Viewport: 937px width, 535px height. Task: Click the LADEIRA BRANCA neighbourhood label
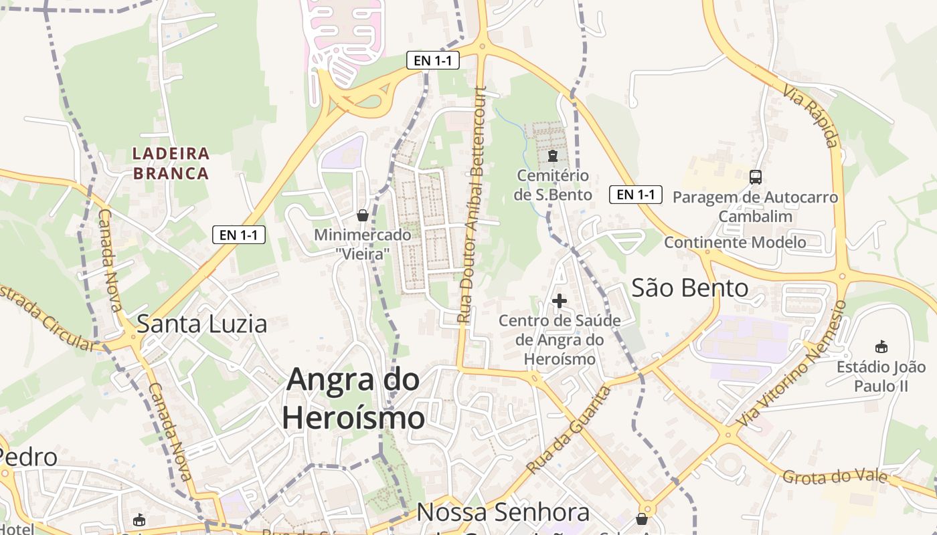pos(171,163)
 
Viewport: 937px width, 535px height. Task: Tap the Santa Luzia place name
pos(201,324)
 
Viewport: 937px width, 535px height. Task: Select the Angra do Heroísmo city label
pos(353,399)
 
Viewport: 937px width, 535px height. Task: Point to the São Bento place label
pos(690,288)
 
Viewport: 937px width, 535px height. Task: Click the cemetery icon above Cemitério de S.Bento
pos(553,156)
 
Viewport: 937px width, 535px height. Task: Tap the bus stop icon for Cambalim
pos(756,177)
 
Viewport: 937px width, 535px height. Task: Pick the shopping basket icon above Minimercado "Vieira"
pos(363,215)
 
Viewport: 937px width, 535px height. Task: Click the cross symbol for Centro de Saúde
pos(560,301)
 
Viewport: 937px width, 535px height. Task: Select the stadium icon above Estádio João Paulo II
pos(881,346)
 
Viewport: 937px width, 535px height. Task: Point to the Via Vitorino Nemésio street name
pos(794,364)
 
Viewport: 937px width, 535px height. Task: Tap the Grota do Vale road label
pos(835,477)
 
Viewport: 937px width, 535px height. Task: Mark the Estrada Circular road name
pos(47,318)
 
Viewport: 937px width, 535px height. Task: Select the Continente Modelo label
pos(735,242)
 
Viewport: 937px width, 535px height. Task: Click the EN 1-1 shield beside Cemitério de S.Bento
pos(636,195)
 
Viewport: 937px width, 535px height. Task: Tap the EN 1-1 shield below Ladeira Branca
pos(239,235)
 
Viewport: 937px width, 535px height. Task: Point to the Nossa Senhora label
pos(503,513)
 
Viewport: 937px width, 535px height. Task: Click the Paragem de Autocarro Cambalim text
pos(755,207)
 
